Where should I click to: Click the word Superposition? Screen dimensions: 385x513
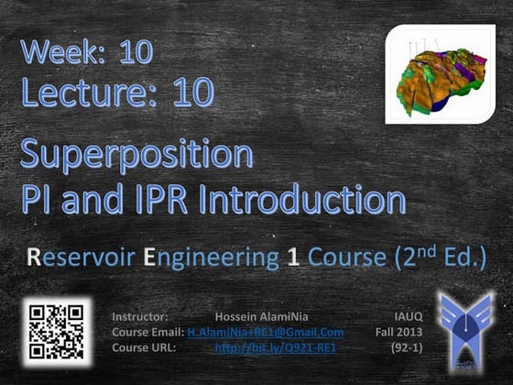point(136,156)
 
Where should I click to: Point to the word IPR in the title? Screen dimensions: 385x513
point(149,199)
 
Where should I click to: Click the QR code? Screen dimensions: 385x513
point(57,332)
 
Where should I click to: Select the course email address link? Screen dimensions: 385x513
point(265,332)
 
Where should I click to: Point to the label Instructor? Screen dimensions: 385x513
point(139,315)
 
